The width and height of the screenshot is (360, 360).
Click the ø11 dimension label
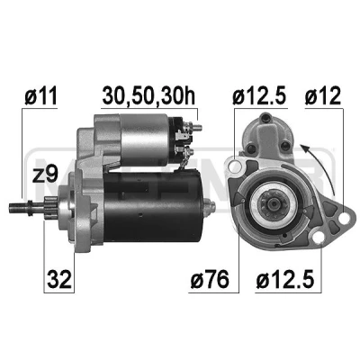(40, 95)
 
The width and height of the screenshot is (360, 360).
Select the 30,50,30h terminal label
(148, 95)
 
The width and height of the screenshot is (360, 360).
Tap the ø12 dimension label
(323, 95)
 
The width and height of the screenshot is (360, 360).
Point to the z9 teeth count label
(45, 174)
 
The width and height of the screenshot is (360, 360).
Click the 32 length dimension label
(59, 279)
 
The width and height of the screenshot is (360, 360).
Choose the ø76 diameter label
(210, 279)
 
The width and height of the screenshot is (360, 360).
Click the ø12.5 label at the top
(259, 95)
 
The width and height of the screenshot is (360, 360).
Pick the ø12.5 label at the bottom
(285, 279)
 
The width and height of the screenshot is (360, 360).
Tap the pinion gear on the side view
(50, 206)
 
